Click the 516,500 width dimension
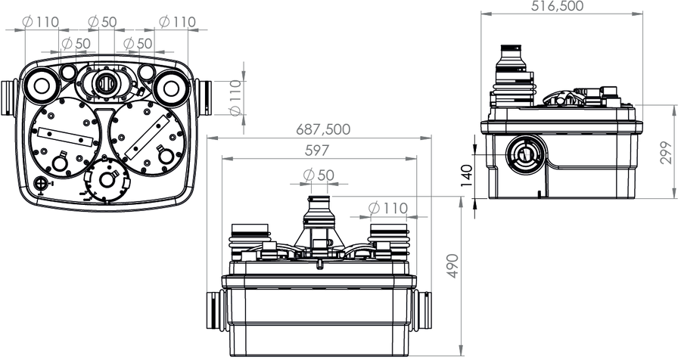pos(557,6)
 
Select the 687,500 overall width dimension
pos(322,129)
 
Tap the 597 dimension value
pos(316,151)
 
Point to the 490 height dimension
pos(452,266)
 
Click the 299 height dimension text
pos(665,153)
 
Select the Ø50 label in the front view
pos(319,175)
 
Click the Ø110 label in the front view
pos(388,209)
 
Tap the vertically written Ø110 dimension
pos(235,98)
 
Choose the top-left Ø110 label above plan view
pos(40,21)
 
